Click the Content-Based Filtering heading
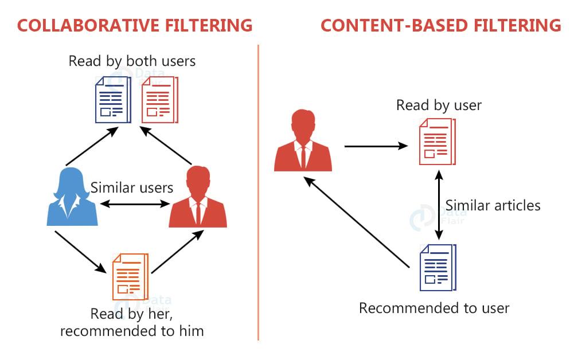pos(440,25)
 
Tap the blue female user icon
pos(72,195)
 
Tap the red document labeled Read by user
pos(437,141)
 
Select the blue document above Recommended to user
pos(439,266)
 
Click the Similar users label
pos(132,187)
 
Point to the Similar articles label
pos(493,205)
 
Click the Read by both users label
pos(132,61)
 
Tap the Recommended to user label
pos(434,308)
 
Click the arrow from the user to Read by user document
pos(376,146)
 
